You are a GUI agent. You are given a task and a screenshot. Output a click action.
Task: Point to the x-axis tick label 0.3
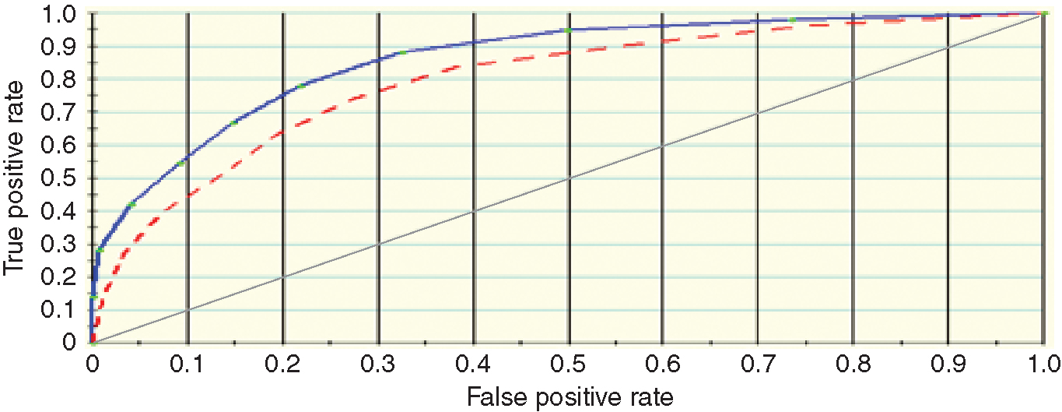pyautogui.click(x=378, y=364)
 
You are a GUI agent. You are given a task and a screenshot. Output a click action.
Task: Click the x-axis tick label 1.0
pyautogui.click(x=1043, y=364)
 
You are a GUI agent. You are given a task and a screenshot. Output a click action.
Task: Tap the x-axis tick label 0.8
pyautogui.click(x=853, y=364)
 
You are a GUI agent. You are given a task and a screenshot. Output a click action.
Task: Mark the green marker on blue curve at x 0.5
pyautogui.click(x=568, y=30)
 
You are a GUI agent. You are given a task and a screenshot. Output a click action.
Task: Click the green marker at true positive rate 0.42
pyautogui.click(x=131, y=204)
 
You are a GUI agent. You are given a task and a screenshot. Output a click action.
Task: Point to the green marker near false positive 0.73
pyautogui.click(x=791, y=19)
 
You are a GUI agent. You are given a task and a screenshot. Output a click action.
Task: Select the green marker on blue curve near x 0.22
pyautogui.click(x=301, y=85)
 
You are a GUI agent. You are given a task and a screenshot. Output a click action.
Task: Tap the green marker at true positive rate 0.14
pyautogui.click(x=93, y=297)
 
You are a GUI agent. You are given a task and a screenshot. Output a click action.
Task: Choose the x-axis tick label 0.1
pyautogui.click(x=188, y=364)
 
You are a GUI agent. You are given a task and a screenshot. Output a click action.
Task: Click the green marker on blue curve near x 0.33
pyautogui.click(x=402, y=52)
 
